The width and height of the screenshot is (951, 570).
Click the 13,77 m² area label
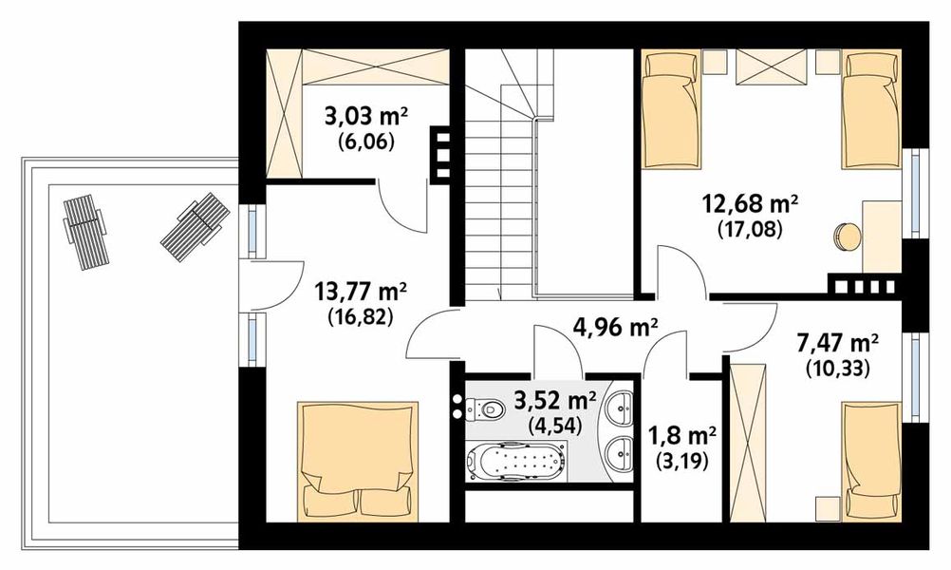[361, 292]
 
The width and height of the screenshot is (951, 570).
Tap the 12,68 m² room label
[750, 204]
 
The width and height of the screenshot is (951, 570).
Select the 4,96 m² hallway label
[616, 328]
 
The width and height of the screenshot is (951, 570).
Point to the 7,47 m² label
[838, 344]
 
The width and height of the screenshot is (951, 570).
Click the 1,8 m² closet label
[682, 435]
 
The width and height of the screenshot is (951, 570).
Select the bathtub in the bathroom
[516, 461]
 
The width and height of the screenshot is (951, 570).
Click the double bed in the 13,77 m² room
[358, 462]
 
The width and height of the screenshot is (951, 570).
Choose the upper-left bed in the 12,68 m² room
[671, 109]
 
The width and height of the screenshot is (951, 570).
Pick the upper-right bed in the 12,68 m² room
[871, 109]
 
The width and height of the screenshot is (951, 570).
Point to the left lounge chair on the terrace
[85, 232]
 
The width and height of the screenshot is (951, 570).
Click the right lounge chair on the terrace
[196, 226]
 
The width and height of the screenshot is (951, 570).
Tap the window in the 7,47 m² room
[915, 376]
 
